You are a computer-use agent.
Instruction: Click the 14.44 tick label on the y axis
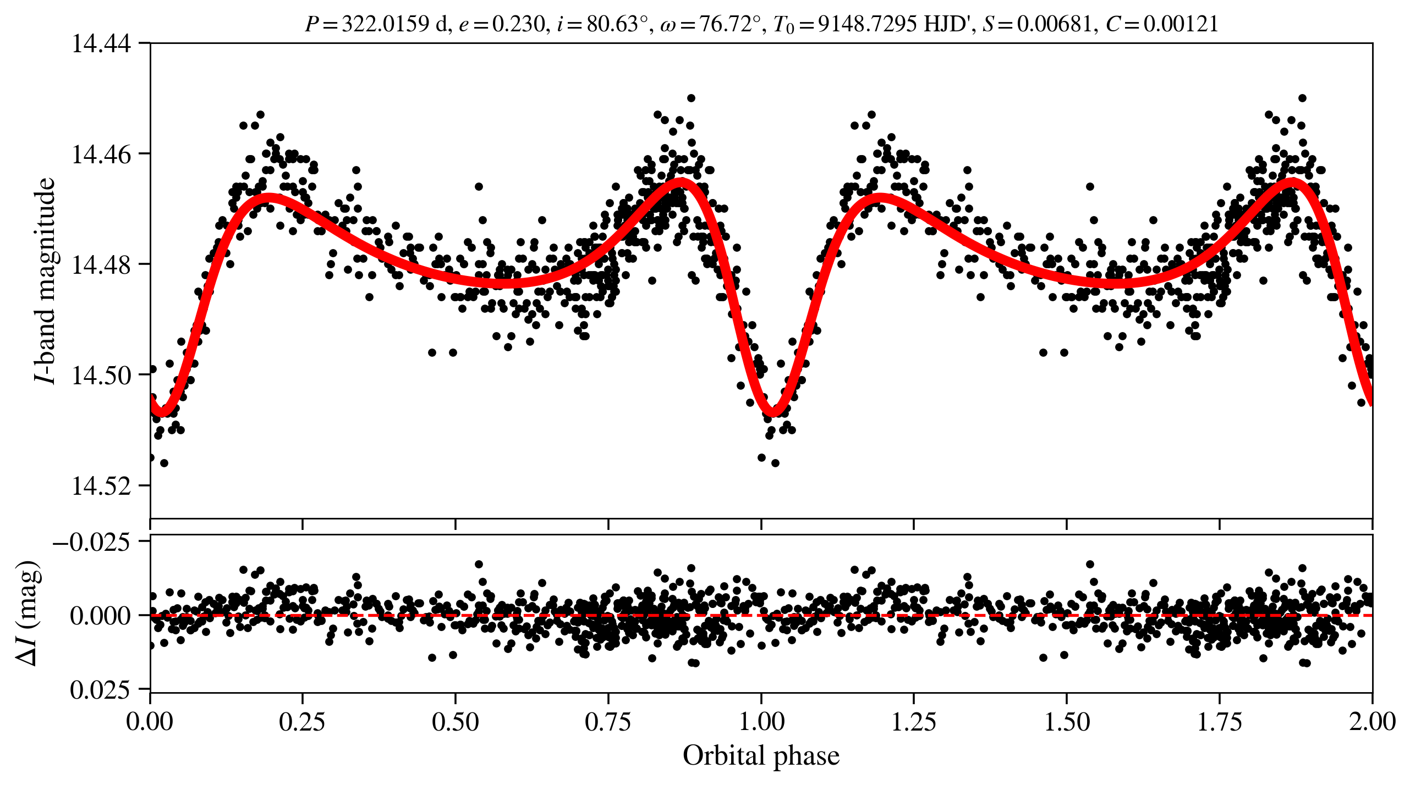click(102, 44)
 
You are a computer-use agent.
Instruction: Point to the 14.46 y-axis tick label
click(102, 154)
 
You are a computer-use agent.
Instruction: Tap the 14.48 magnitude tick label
click(102, 265)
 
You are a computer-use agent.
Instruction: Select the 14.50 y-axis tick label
click(102, 376)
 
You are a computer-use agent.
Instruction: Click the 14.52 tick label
click(102, 487)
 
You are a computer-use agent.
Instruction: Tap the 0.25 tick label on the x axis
click(302, 722)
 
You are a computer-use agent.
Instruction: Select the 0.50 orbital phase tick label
click(455, 722)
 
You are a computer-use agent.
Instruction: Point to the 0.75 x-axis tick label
click(608, 722)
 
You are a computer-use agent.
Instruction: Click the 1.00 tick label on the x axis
click(761, 722)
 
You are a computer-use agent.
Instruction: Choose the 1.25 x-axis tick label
click(914, 722)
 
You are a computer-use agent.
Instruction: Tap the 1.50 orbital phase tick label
click(1067, 722)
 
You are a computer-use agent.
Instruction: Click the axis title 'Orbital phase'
click(761, 756)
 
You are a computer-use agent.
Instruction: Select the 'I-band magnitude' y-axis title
click(45, 280)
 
